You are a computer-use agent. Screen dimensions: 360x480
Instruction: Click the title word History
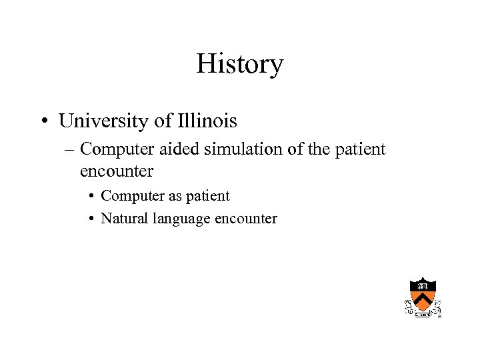(240, 65)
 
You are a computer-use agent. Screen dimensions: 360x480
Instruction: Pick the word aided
(179, 149)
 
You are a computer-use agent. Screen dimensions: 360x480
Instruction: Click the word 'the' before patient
(324, 149)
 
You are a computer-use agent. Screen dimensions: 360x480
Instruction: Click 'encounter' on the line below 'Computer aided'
(117, 171)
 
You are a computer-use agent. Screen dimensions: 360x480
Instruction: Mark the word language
(181, 219)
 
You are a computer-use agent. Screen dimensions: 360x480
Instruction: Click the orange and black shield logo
(423, 295)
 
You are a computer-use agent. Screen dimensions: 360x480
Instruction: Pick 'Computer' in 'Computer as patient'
(129, 196)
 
